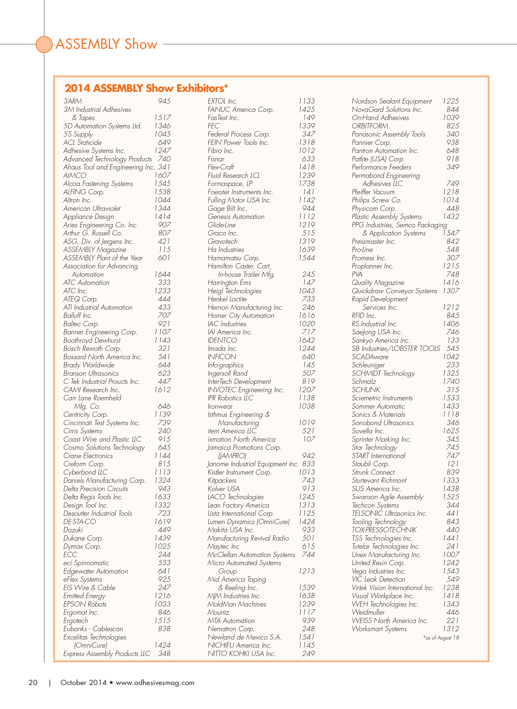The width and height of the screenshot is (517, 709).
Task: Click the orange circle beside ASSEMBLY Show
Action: (x=44, y=44)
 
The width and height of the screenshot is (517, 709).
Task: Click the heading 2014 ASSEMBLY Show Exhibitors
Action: (x=146, y=88)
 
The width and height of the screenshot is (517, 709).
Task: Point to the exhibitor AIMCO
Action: (x=75, y=175)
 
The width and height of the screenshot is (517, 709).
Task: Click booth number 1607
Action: (x=162, y=175)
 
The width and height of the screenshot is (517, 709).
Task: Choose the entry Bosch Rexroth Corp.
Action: (x=92, y=349)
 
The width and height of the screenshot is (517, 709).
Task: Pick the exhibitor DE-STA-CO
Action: (x=79, y=522)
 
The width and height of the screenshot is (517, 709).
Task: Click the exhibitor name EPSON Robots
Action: (x=85, y=604)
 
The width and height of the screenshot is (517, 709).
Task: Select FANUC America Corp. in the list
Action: (x=241, y=109)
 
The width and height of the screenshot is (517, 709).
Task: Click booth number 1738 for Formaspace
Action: (x=307, y=184)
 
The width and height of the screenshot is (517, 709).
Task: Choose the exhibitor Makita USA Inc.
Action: (x=231, y=530)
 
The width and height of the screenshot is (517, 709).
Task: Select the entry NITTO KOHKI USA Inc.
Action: (x=242, y=654)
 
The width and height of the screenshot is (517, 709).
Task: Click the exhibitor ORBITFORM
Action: (x=370, y=126)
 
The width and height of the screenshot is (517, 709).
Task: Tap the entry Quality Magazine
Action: (x=378, y=283)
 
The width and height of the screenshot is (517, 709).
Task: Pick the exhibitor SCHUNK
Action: (x=366, y=390)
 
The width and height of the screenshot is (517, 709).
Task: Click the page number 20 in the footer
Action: (x=33, y=683)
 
